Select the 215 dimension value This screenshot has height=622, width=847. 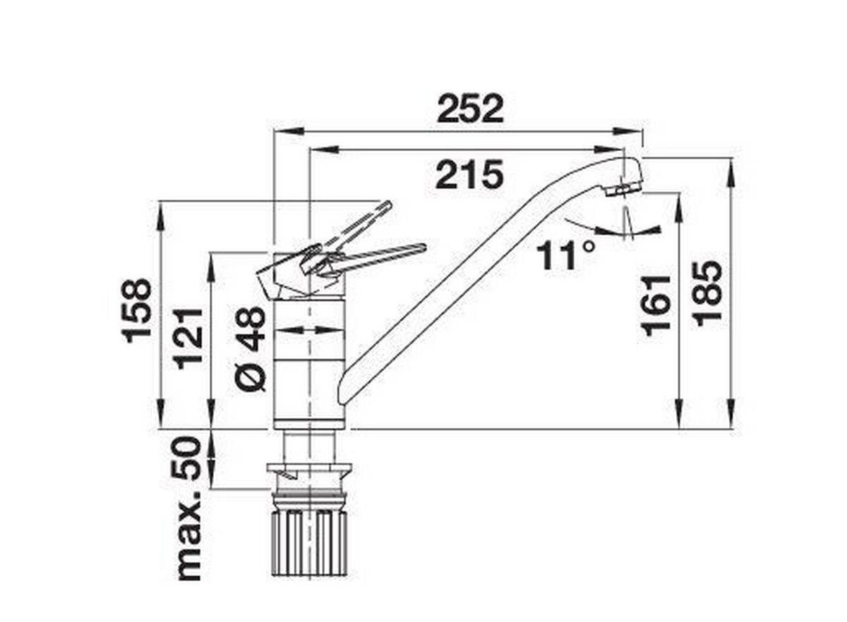click(x=469, y=174)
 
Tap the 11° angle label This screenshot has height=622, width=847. click(x=565, y=255)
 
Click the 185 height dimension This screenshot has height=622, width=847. click(x=708, y=292)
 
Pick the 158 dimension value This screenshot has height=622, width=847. click(x=137, y=310)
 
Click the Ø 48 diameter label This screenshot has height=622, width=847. click(x=251, y=348)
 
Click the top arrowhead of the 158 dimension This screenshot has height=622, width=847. click(x=161, y=212)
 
